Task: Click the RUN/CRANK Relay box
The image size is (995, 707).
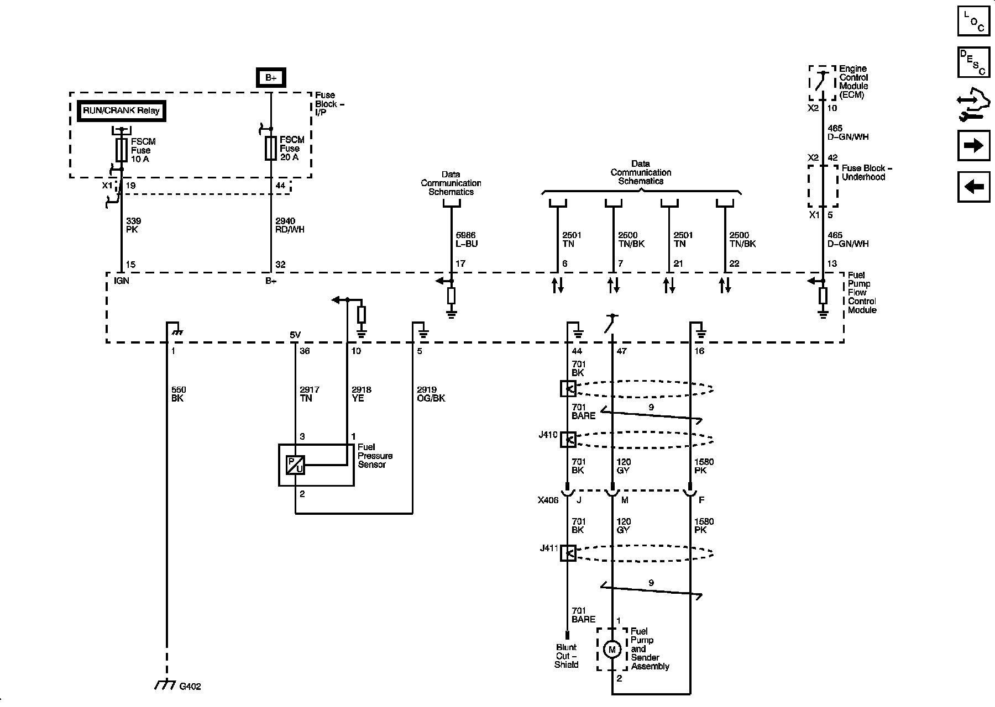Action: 121,110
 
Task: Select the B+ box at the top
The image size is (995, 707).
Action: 270,78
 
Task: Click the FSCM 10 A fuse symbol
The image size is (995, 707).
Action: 121,150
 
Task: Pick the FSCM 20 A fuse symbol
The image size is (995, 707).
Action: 270,149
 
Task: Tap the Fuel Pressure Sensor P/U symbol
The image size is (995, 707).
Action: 295,465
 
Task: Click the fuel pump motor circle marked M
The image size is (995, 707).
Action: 611,650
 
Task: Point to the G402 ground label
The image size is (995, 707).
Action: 190,687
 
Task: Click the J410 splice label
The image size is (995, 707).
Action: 548,435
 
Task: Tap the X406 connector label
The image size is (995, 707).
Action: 548,500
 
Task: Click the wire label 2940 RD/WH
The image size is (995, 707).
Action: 290,225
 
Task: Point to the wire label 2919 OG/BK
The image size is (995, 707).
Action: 431,394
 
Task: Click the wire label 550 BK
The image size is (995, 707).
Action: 177,394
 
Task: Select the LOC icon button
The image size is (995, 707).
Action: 973,21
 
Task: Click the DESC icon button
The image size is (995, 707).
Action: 973,62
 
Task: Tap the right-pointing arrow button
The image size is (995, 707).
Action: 973,145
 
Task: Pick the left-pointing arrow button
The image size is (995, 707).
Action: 973,187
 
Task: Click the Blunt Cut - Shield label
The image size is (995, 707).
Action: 567,656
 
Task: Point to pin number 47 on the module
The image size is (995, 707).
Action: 621,351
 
